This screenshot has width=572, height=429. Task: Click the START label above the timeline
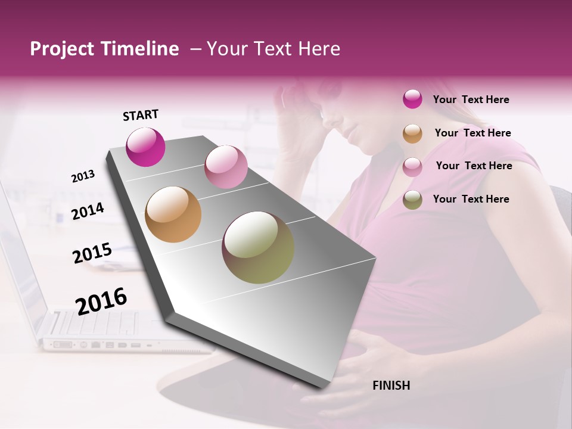(x=141, y=115)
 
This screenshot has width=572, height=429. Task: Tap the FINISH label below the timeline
(x=391, y=386)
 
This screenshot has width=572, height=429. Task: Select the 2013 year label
(x=83, y=176)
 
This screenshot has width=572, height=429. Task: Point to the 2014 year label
(x=88, y=211)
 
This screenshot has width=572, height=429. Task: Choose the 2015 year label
(x=92, y=253)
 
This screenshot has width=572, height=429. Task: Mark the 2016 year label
(x=101, y=301)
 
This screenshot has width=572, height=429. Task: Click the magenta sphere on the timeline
(x=145, y=147)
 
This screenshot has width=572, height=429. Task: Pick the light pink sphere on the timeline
(x=226, y=167)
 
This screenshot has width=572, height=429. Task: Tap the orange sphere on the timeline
(x=173, y=214)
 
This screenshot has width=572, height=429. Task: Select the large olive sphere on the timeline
(x=258, y=247)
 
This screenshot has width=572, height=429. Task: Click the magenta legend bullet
(x=412, y=100)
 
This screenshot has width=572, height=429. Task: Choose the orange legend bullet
(x=412, y=133)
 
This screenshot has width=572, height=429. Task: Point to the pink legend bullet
(x=412, y=167)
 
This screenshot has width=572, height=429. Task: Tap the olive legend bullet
(x=412, y=200)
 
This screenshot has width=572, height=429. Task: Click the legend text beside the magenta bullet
(x=471, y=100)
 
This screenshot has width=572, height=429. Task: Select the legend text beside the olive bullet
(x=471, y=199)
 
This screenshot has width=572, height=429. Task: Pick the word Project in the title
(x=61, y=49)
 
